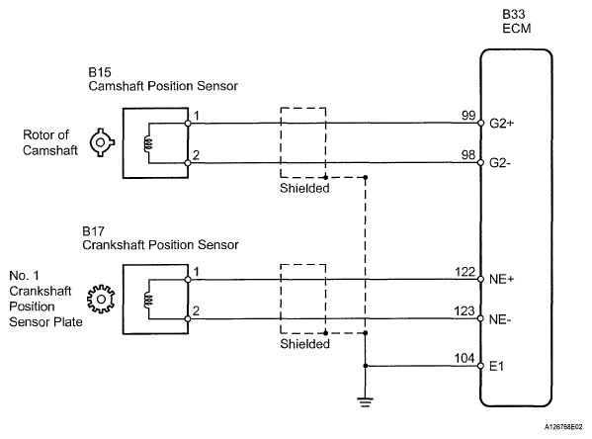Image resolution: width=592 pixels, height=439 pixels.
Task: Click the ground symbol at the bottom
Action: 365,402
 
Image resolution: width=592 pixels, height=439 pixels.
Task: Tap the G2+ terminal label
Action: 501,124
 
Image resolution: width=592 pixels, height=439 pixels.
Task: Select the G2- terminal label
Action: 500,163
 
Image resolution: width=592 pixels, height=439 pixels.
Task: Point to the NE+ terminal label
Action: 501,279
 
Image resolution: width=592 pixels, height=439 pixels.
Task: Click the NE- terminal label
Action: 500,319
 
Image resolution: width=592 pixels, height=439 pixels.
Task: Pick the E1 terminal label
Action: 496,366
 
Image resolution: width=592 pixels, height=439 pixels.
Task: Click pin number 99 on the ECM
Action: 468,116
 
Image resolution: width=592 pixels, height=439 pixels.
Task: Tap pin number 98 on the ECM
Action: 468,155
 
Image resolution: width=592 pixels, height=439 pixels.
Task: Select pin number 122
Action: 465,272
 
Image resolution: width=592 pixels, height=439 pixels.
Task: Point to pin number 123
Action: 465,310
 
